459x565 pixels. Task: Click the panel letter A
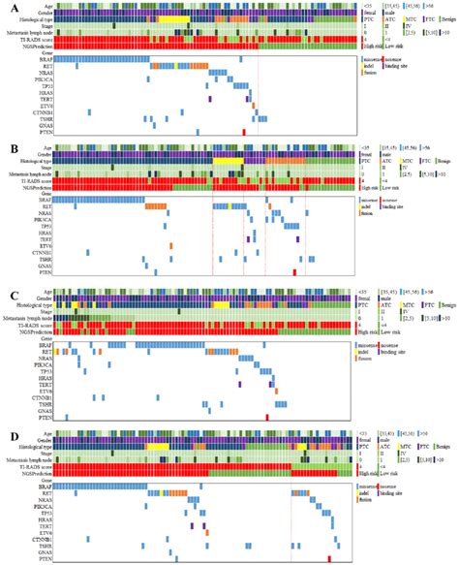pos(10,9)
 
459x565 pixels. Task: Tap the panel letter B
pos(10,147)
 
